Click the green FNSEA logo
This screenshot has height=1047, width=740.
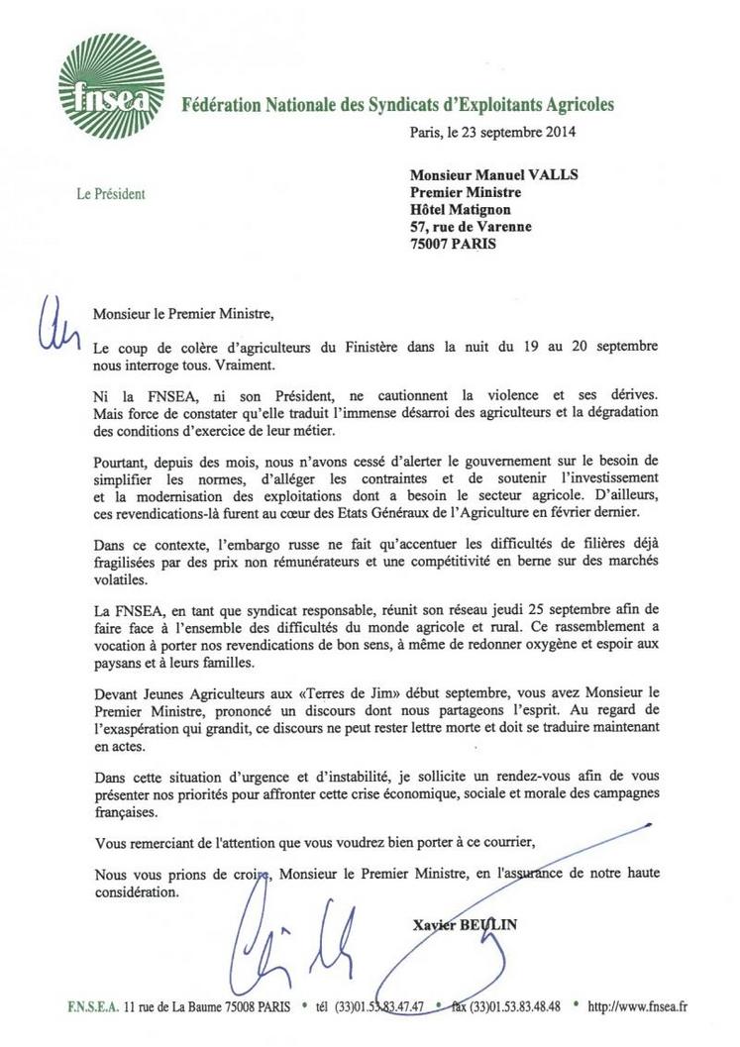[110, 86]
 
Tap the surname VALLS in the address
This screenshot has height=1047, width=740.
[550, 175]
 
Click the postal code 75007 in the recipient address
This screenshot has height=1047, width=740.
[434, 243]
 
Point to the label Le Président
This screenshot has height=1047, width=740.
[111, 194]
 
